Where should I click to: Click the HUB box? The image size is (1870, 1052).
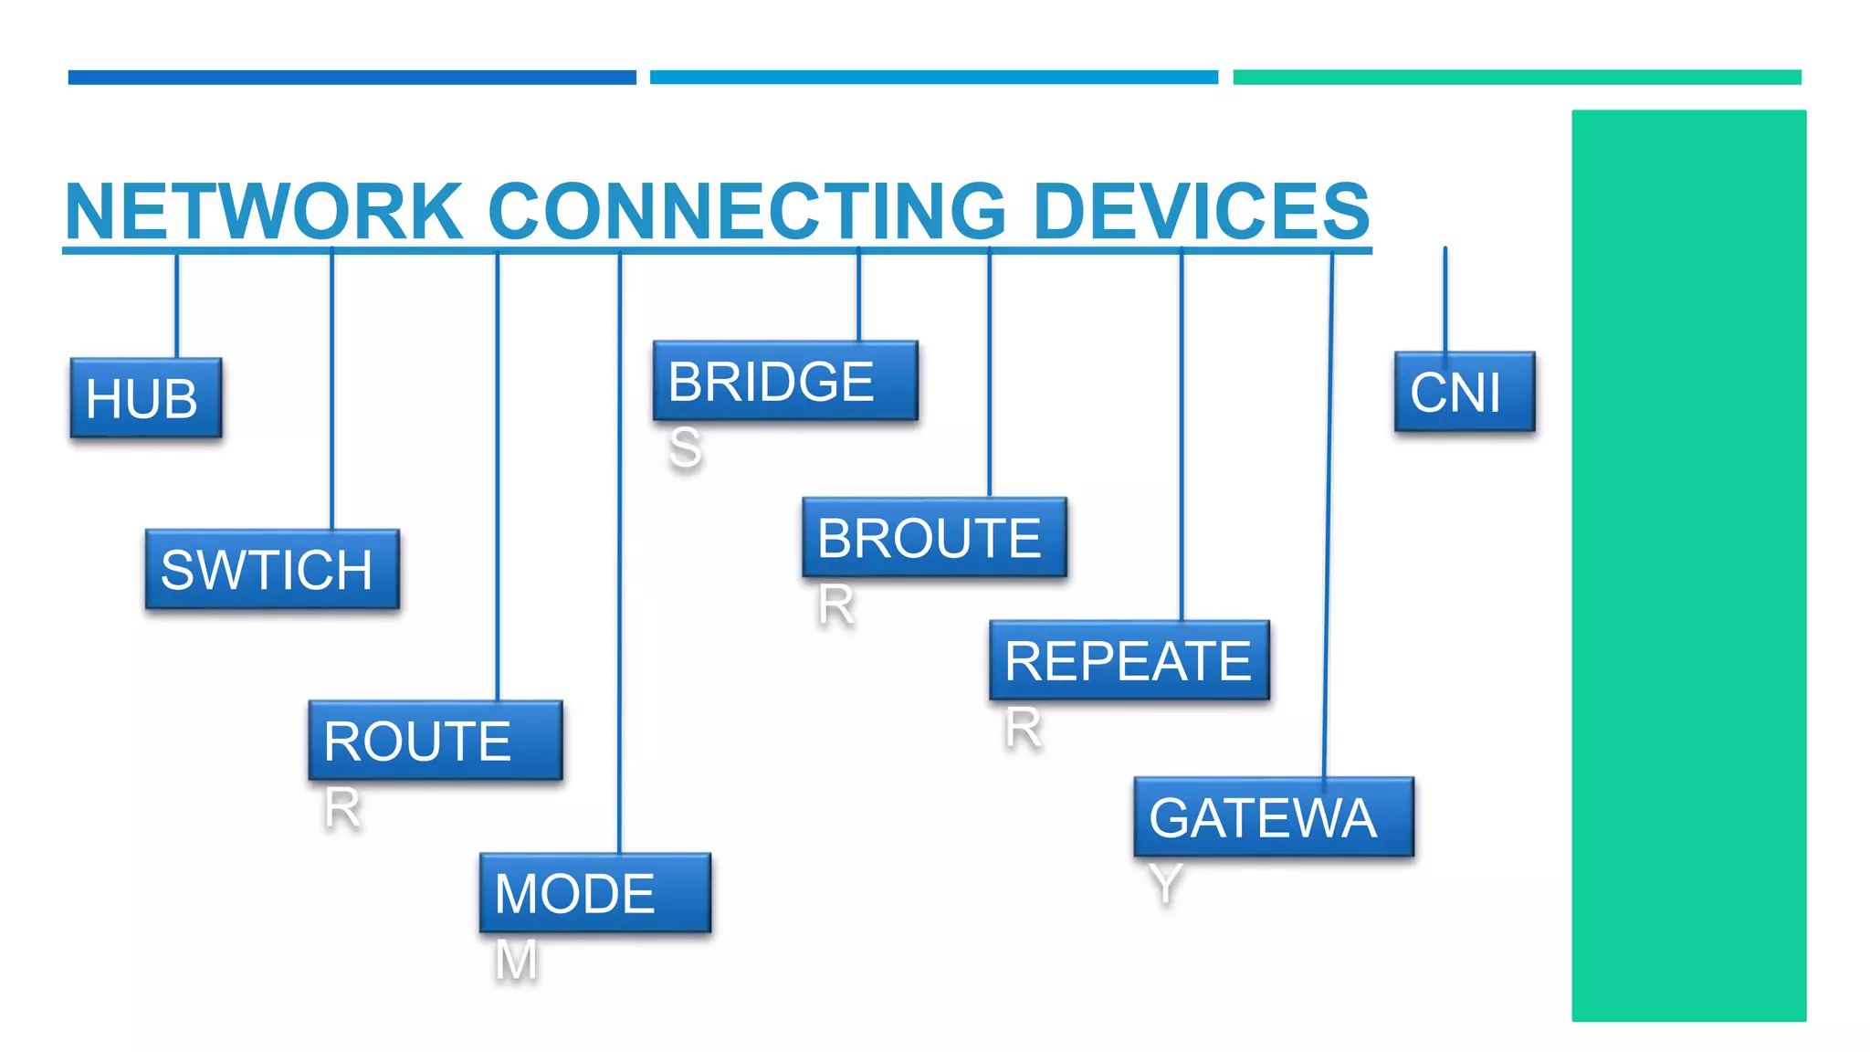(x=146, y=398)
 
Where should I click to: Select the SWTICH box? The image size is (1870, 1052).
(x=272, y=569)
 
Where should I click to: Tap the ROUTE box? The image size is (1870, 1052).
(x=436, y=741)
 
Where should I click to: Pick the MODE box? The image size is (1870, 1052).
(x=594, y=893)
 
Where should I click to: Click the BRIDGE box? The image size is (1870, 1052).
(x=785, y=381)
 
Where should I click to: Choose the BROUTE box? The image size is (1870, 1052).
(x=934, y=537)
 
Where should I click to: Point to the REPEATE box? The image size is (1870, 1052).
(x=1129, y=660)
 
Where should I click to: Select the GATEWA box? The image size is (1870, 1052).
(x=1274, y=816)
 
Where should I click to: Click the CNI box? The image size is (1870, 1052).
(x=1465, y=392)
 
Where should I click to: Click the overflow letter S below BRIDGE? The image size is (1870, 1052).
(x=685, y=448)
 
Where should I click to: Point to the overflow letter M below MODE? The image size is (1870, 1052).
(x=516, y=961)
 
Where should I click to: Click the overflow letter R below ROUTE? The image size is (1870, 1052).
(x=342, y=808)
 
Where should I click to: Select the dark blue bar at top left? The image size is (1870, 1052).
(x=352, y=78)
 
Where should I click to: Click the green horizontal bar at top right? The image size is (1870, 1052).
(x=1517, y=78)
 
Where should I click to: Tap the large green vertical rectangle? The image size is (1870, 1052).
(x=1688, y=565)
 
